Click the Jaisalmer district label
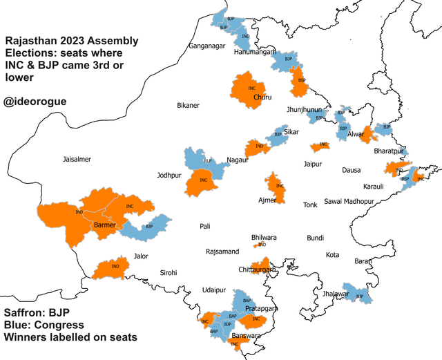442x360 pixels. (77, 159)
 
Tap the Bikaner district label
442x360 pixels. (188, 106)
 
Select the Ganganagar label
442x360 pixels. (207, 46)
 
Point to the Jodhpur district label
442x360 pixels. (169, 176)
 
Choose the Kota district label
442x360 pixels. (332, 255)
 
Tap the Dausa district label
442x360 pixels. (351, 169)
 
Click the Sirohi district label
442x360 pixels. (168, 272)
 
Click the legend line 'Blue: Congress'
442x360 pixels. (44, 325)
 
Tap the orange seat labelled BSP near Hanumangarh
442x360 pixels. (300, 82)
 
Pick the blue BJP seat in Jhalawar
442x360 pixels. (358, 294)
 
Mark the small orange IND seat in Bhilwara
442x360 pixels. (262, 245)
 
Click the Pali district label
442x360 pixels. (204, 226)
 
